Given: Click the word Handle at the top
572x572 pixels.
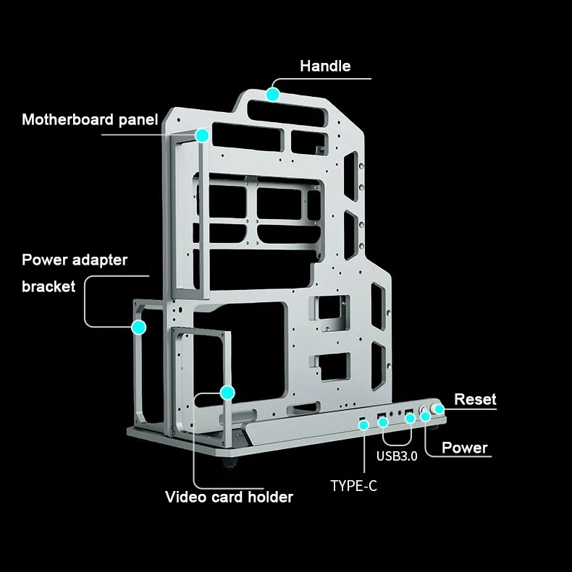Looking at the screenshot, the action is click(325, 67).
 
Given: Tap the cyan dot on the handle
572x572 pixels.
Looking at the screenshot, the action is click(272, 94).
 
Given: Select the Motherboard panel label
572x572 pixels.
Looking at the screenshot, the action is click(89, 119).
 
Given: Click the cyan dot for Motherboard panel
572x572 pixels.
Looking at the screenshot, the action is click(201, 135).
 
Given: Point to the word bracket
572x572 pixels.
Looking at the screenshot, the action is click(49, 286).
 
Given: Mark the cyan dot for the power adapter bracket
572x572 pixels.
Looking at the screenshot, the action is click(139, 327).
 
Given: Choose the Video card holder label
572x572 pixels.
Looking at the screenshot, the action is click(229, 497).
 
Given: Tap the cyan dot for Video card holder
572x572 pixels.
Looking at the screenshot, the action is click(227, 393).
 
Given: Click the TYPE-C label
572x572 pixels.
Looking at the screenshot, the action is click(353, 486).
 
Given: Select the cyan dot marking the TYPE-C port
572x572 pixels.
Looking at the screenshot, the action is click(363, 424).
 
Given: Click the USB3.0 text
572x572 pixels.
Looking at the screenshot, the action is click(397, 456).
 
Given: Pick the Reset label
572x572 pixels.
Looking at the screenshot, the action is click(475, 399).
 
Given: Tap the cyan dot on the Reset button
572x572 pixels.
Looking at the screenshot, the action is click(439, 411).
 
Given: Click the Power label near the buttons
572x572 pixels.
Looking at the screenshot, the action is click(464, 448).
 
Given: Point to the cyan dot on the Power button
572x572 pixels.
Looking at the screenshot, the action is click(426, 416).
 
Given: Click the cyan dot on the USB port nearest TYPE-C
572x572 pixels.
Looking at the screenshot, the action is click(383, 421).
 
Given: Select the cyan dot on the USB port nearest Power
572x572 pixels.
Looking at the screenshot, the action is click(410, 417).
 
